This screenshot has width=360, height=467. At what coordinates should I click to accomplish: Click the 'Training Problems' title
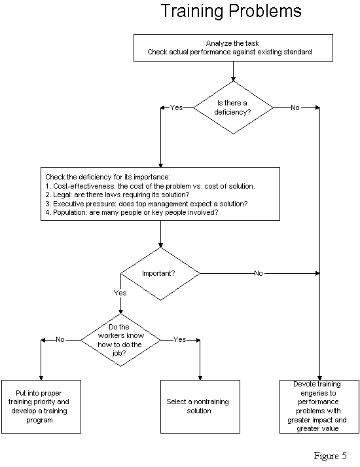[231, 11]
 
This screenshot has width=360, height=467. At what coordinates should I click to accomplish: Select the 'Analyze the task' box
[233, 48]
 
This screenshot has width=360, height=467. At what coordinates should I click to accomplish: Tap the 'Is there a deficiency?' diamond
[233, 107]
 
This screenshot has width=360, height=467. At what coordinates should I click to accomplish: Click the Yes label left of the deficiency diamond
[177, 107]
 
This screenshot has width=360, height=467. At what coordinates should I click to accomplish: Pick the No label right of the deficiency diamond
[295, 107]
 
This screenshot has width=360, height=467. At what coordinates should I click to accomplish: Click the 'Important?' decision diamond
[160, 274]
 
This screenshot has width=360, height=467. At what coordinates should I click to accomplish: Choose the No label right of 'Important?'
[259, 273]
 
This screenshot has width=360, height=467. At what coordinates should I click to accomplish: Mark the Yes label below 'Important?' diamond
[120, 293]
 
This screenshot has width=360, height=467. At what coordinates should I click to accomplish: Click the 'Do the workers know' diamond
[121, 340]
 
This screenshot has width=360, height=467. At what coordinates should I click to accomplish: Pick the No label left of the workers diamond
[60, 339]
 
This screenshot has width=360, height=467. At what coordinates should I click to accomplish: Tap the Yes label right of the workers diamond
[180, 339]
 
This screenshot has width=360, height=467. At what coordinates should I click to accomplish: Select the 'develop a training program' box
[41, 407]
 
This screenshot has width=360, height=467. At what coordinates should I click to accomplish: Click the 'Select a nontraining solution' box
[200, 407]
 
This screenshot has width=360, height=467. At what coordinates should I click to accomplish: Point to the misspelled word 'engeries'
[317, 394]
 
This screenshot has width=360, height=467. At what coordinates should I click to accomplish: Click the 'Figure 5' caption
[331, 456]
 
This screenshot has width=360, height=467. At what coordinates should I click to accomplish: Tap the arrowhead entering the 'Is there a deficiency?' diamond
[233, 79]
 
